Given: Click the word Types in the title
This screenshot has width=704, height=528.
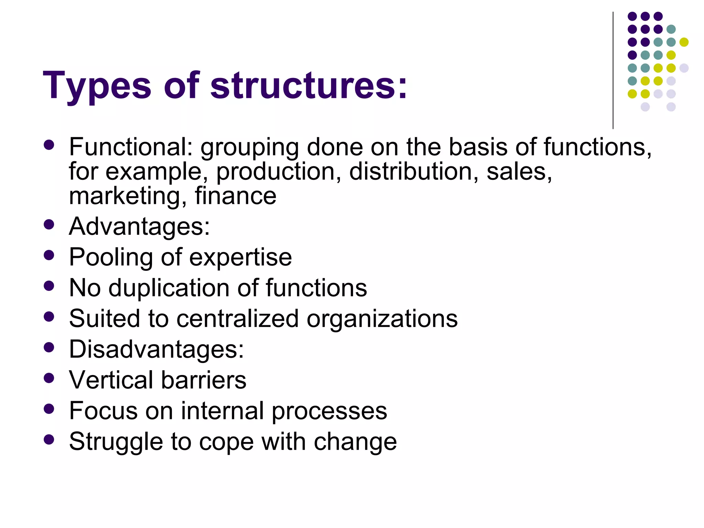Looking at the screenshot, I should coord(97,86).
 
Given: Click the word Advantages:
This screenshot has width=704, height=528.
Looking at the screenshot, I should coord(139,227).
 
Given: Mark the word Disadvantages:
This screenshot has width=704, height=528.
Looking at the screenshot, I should coord(156,350).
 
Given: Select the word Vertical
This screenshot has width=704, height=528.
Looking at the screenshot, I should coord(111,380).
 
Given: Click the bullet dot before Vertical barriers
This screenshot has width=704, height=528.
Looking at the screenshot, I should coord(49,378).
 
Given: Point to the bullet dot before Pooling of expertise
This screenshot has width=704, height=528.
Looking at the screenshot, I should coord(49,255).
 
